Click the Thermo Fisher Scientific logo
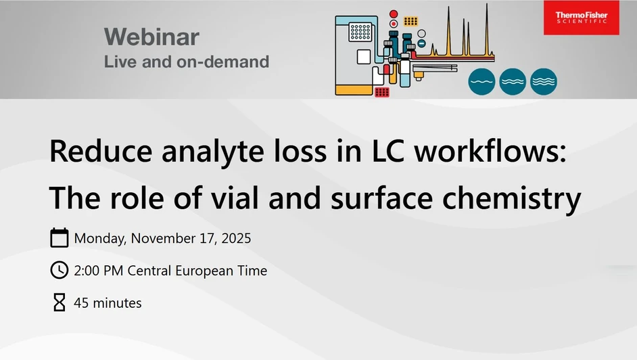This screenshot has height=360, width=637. pyautogui.click(x=581, y=17)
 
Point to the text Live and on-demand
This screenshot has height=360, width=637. pyautogui.click(x=186, y=62)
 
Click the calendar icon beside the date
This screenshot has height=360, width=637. pyautogui.click(x=60, y=238)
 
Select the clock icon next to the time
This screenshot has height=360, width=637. pyautogui.click(x=60, y=270)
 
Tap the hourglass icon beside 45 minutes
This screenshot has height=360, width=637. pyautogui.click(x=60, y=302)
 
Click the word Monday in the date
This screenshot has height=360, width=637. pyautogui.click(x=99, y=238)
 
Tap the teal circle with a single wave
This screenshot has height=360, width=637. pyautogui.click(x=481, y=81)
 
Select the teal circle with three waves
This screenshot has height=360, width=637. pyautogui.click(x=544, y=81)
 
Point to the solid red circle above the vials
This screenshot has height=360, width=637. pyautogui.click(x=394, y=14)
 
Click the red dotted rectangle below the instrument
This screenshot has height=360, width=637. pyautogui.click(x=381, y=92)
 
